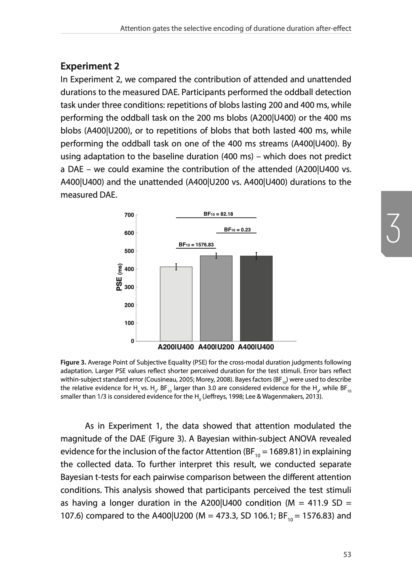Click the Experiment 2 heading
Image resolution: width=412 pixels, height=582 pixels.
click(x=90, y=66)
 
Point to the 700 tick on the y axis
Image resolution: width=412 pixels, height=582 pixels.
click(x=129, y=215)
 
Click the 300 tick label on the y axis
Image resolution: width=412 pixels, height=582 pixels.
click(x=129, y=287)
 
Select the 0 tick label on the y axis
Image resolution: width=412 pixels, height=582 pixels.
click(x=132, y=341)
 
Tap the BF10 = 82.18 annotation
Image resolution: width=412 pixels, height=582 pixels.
click(x=218, y=214)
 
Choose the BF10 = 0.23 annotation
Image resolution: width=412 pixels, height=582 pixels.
click(x=237, y=230)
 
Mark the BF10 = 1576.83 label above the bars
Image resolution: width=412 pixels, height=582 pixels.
click(x=196, y=245)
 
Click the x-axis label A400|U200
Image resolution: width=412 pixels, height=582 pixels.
click(x=216, y=347)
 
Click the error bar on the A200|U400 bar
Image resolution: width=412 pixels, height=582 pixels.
click(x=176, y=267)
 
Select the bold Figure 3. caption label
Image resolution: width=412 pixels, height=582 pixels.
click(x=73, y=362)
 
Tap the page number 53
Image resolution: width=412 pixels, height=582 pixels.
click(x=347, y=555)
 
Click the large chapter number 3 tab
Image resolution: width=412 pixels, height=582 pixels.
click(x=393, y=228)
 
